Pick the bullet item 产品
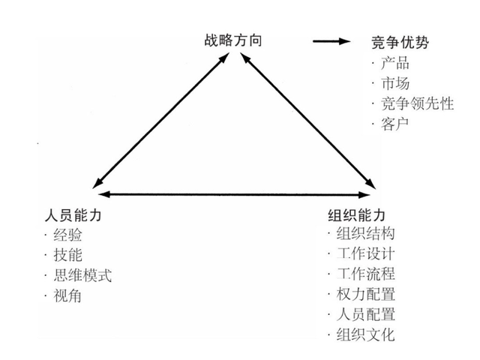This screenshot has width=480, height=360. pos(396,62)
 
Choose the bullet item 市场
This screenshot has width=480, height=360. pos(396,82)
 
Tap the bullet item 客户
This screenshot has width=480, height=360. pos(396,123)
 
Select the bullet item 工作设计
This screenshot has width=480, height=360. pos(366,253)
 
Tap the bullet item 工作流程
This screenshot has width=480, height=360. pos(366,274)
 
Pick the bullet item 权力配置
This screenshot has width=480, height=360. pos(366,294)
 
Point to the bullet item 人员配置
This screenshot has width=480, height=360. pos(366,314)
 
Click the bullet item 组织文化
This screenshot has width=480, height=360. pos(366,334)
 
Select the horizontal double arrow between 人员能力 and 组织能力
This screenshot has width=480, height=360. pos(232,195)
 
